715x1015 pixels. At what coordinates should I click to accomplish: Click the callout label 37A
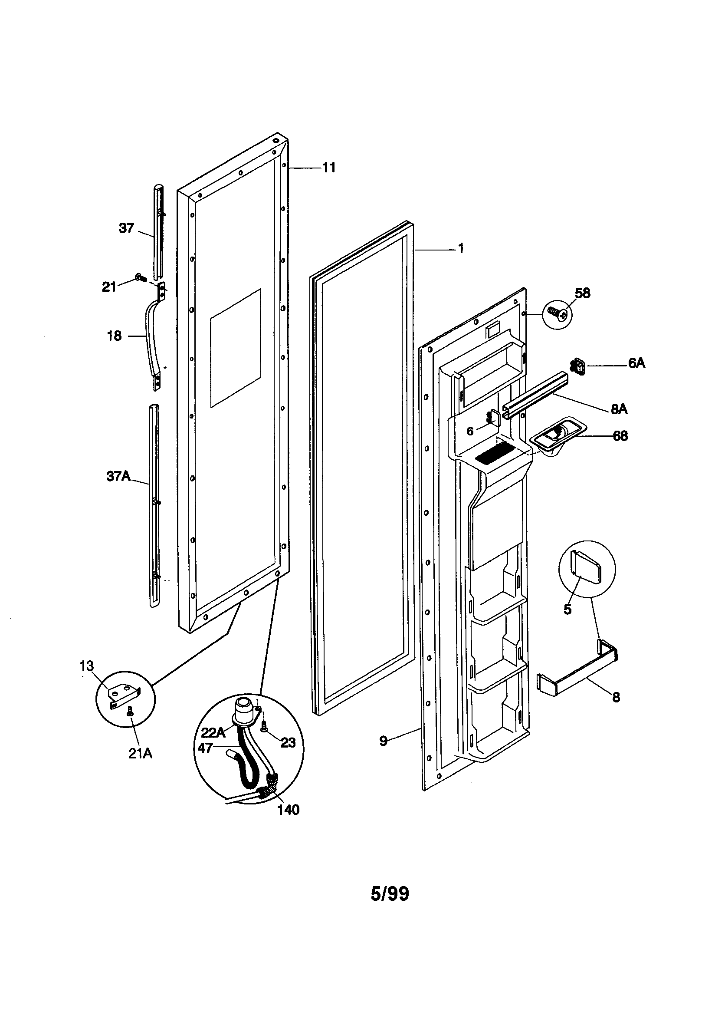118,476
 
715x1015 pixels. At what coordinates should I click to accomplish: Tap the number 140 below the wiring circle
288,809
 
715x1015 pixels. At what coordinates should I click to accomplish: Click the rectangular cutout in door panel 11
235,348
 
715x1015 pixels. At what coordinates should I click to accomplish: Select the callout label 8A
619,409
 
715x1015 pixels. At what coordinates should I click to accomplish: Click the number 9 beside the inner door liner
383,741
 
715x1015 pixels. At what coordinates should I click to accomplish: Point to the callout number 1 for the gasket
460,249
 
